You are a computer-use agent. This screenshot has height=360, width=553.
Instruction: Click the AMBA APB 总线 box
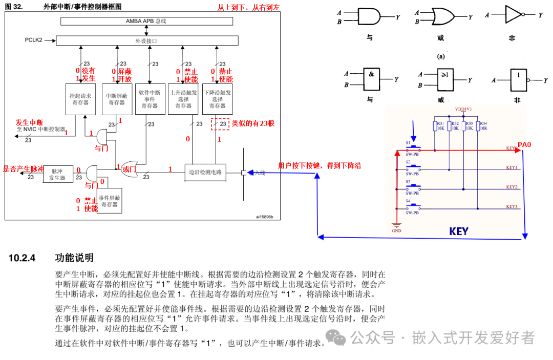pyautogui.click(x=146, y=21)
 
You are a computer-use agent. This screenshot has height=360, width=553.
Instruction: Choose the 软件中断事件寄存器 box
pyautogui.click(x=150, y=98)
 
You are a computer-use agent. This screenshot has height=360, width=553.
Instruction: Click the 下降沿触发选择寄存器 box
pyautogui.click(x=217, y=98)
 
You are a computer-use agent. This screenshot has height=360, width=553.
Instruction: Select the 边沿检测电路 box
pyautogui.click(x=205, y=172)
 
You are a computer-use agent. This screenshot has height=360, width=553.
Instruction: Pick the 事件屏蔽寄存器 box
pyautogui.click(x=110, y=200)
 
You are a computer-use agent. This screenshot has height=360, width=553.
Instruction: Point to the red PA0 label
pyautogui.click(x=524, y=145)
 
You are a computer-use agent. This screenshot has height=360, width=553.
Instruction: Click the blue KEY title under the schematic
pyautogui.click(x=458, y=231)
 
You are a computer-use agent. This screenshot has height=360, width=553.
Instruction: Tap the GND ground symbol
pyautogui.click(x=396, y=227)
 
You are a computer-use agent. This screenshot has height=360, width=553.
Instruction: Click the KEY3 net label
pyautogui.click(x=512, y=206)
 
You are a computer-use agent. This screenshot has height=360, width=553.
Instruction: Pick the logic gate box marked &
pyautogui.click(x=371, y=79)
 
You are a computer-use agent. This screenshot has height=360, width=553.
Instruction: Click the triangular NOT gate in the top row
pyautogui.click(x=514, y=15)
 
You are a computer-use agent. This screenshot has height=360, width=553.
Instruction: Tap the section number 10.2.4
pyautogui.click(x=22, y=258)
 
